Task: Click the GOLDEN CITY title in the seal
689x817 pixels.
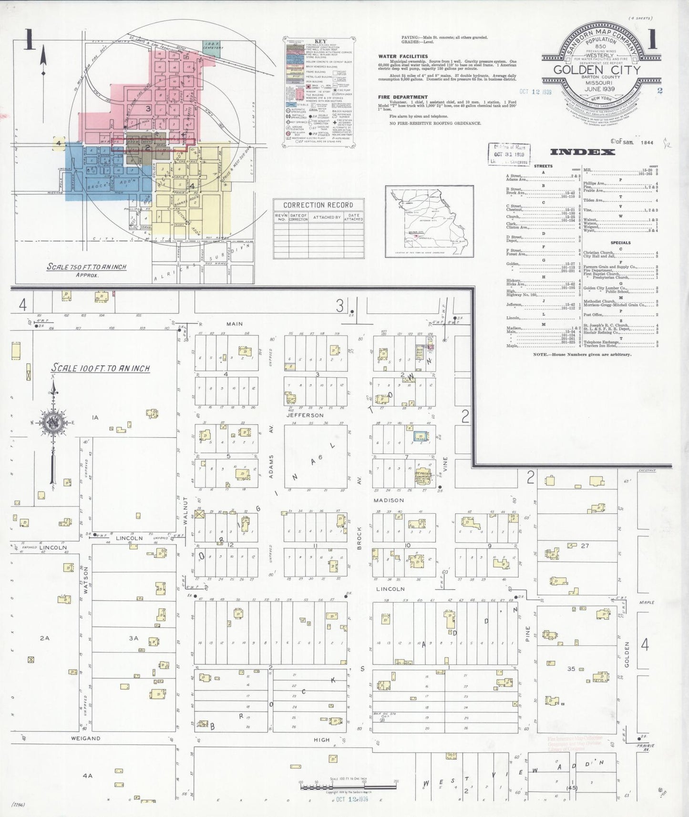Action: tap(596, 70)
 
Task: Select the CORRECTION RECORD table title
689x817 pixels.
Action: tap(318, 205)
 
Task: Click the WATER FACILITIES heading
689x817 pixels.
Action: tap(403, 56)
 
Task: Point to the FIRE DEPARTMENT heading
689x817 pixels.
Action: tap(403, 97)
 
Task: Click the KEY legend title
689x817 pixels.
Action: tap(320, 41)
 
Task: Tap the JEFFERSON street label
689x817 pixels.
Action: tap(305, 415)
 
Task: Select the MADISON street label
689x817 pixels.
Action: tap(389, 500)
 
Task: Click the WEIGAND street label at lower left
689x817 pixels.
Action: tap(86, 738)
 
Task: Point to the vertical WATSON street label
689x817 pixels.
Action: tap(86, 580)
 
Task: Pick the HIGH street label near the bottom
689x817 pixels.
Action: tap(321, 740)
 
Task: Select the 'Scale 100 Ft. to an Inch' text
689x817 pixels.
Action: tap(101, 368)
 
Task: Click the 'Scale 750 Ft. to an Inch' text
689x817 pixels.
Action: tap(86, 267)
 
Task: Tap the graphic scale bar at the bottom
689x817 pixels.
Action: tap(348, 787)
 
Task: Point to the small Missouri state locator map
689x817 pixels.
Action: tap(429, 221)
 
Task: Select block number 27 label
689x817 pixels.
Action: tap(585, 546)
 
